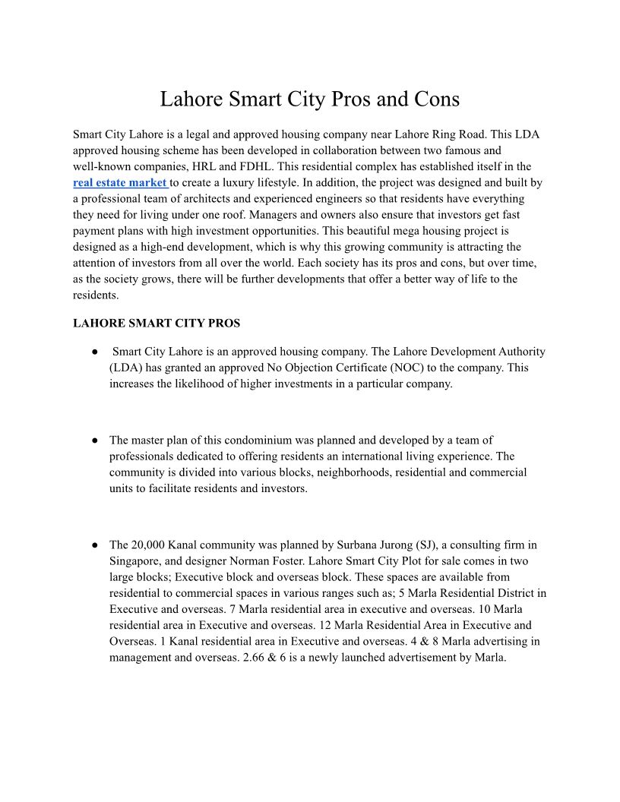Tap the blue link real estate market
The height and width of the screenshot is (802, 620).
tap(120, 183)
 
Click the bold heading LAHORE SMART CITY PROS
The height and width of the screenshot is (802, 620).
tap(157, 323)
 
